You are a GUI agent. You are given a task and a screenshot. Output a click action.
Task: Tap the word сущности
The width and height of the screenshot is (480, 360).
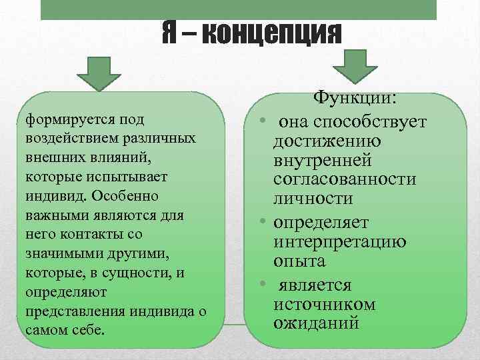158,273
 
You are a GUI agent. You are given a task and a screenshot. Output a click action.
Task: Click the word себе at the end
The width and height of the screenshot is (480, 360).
89,331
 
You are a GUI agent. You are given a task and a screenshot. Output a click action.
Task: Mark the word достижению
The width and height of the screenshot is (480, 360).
326,141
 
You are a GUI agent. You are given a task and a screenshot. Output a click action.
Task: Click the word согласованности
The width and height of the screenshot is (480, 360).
345,179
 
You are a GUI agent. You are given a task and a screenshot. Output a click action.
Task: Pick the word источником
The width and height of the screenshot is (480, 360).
325,305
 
